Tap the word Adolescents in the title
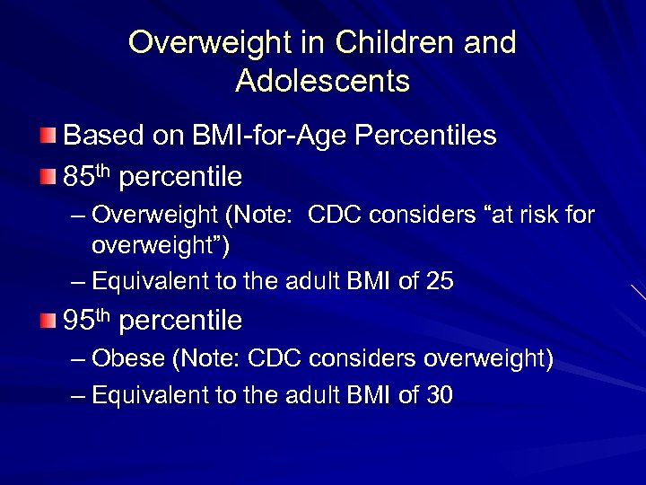click(x=323, y=82)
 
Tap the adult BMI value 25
click(x=440, y=281)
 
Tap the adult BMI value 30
click(x=440, y=394)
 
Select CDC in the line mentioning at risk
click(x=336, y=216)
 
